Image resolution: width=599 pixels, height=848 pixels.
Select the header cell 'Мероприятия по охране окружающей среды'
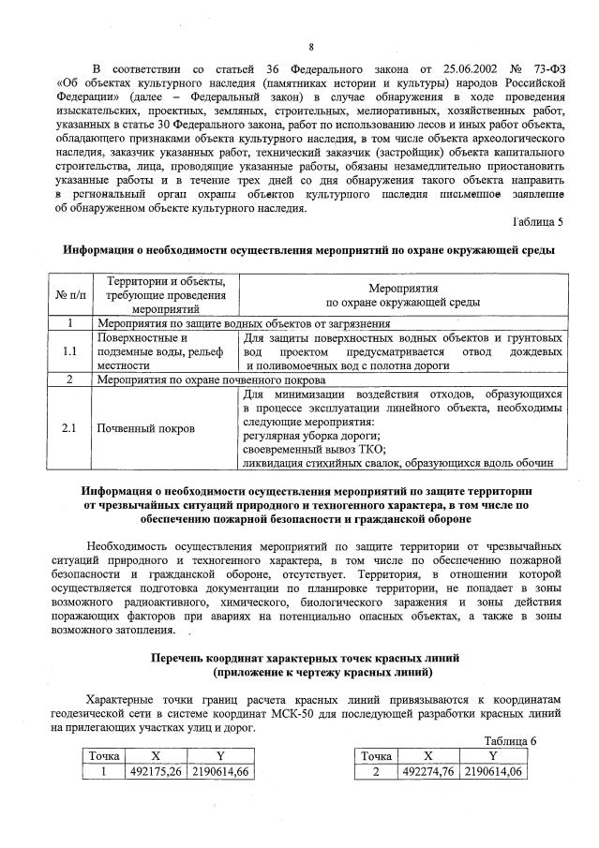(403, 295)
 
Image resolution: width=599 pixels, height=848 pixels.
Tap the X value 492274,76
(428, 772)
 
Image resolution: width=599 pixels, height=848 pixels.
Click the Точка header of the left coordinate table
(103, 755)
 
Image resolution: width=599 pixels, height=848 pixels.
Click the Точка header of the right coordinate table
(375, 755)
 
